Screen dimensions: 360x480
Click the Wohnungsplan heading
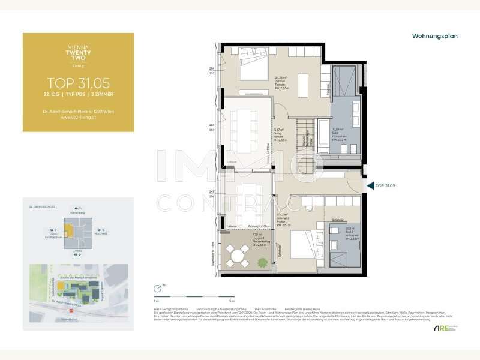(x=434, y=36)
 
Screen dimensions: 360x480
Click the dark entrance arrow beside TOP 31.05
(x=370, y=185)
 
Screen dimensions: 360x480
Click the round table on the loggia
(x=238, y=258)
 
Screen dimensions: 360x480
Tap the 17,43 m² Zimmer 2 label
(x=283, y=219)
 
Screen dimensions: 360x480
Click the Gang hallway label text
(x=277, y=133)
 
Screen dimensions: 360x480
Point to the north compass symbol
(x=157, y=287)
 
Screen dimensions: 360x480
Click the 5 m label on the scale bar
(x=215, y=299)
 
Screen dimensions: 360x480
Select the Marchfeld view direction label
(x=101, y=233)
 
